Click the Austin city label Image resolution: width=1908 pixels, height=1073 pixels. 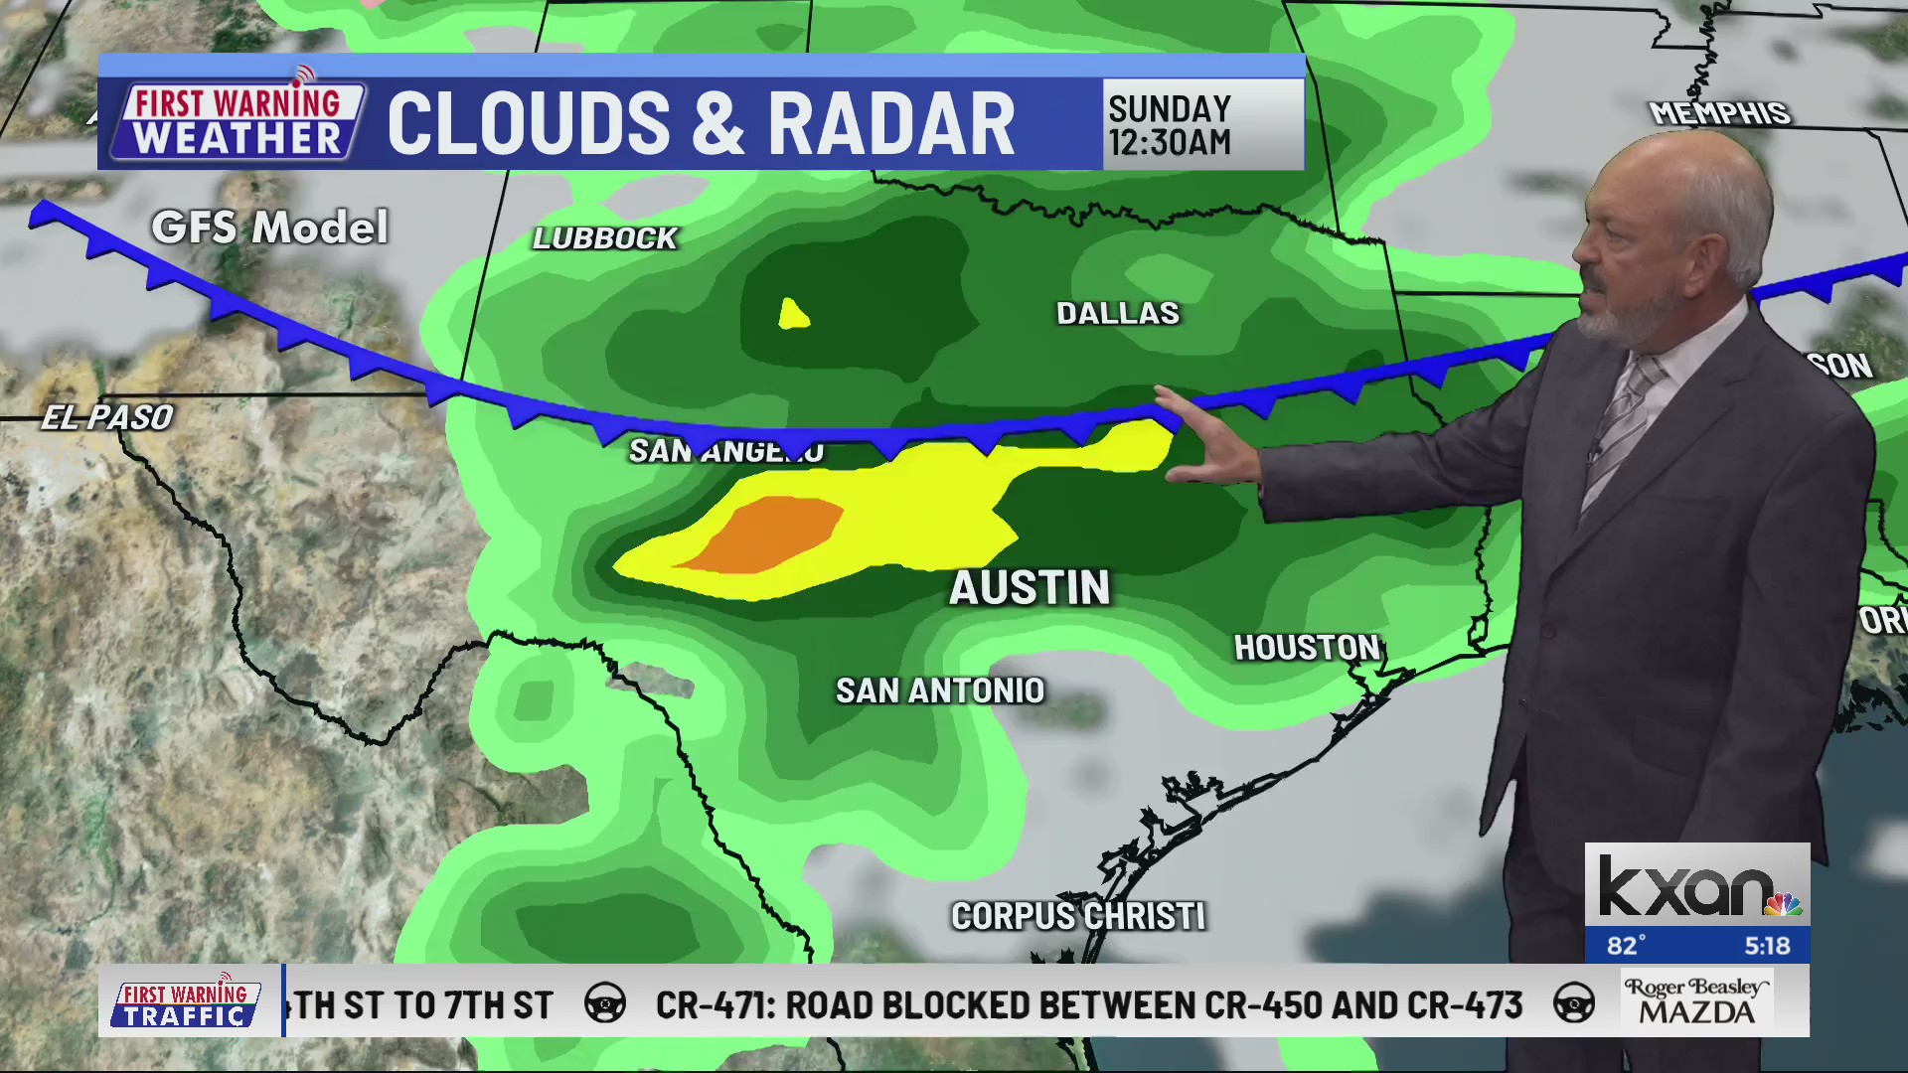tap(1030, 587)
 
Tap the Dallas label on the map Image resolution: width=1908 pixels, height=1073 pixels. tap(1118, 313)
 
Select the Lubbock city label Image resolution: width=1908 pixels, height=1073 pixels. tap(604, 238)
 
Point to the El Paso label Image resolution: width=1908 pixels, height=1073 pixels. tap(107, 417)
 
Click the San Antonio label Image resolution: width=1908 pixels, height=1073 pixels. tap(940, 690)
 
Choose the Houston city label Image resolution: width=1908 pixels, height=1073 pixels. tap(1307, 648)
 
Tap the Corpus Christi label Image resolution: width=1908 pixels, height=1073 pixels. tap(1078, 916)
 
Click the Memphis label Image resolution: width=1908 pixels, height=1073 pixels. tap(1719, 113)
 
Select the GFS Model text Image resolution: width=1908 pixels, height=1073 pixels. tap(269, 228)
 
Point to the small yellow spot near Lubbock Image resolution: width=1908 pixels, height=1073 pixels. tap(793, 315)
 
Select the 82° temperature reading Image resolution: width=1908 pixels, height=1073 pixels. tap(1627, 946)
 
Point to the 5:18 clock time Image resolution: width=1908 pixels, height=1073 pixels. tap(1766, 946)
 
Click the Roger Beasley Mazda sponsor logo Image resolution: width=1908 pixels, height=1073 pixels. tap(1696, 1000)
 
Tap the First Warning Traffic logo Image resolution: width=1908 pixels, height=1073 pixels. tap(186, 1003)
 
